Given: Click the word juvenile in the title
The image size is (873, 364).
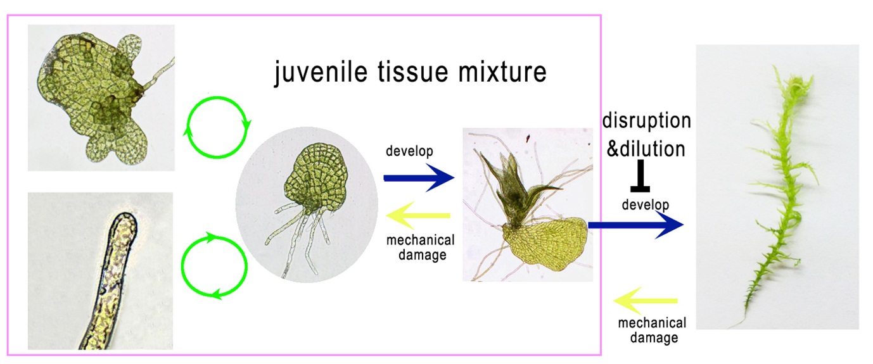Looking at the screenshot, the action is tap(321, 72).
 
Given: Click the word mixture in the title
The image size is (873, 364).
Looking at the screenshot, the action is tap(502, 72).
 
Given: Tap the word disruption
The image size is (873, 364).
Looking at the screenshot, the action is tap(647, 121).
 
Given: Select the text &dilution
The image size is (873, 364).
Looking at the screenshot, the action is tap(646, 149).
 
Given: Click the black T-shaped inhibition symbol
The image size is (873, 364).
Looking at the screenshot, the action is tap(640, 176).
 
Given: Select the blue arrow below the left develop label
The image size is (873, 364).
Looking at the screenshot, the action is tap(419, 178).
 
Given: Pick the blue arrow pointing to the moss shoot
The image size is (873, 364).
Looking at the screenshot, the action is tap(635, 225).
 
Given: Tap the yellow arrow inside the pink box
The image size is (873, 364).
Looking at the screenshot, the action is tap(418, 215).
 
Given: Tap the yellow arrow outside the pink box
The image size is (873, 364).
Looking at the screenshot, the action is tap(646, 301).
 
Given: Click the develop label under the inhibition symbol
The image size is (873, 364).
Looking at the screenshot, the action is tap(646, 204).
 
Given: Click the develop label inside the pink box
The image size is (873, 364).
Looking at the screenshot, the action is tap(409, 151).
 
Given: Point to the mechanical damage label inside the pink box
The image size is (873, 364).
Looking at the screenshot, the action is tap(421, 248).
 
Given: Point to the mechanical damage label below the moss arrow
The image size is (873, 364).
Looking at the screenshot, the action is tap(652, 330).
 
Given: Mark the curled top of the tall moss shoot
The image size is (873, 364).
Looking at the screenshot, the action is tap(797, 84).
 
